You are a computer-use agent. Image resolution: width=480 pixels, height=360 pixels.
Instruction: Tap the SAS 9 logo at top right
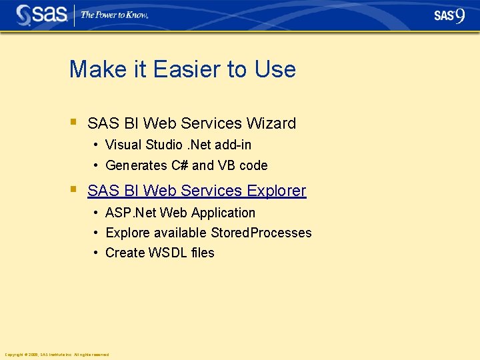pos(449,15)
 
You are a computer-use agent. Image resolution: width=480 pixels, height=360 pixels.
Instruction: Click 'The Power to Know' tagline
pos(114,15)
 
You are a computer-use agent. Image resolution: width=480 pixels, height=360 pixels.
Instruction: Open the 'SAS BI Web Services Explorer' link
pos(197,191)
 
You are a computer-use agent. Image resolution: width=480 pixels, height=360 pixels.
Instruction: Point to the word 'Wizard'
pos(271,123)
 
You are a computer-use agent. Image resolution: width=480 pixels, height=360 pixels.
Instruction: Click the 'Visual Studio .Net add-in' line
pos(178,145)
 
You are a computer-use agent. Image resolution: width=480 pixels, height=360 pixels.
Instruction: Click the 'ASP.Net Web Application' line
pos(180,213)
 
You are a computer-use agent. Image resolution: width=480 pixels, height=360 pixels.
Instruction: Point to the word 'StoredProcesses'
pos(261,233)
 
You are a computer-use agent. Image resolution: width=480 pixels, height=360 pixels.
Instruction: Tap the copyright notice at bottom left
pos(57,355)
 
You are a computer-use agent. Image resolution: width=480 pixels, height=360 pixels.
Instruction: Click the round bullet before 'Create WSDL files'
pos(97,253)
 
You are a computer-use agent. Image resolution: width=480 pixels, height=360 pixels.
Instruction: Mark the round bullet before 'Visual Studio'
pos(97,145)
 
